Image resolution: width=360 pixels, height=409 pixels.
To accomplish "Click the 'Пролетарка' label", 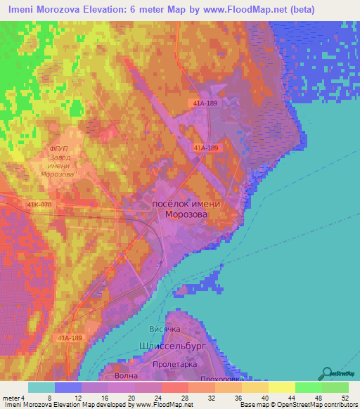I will (x=177, y=366).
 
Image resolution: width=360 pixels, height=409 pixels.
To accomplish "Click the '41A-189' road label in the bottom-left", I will (x=70, y=337).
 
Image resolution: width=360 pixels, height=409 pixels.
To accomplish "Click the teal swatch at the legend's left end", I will (x=41, y=387).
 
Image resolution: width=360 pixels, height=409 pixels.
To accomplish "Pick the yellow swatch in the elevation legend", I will (x=281, y=387).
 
